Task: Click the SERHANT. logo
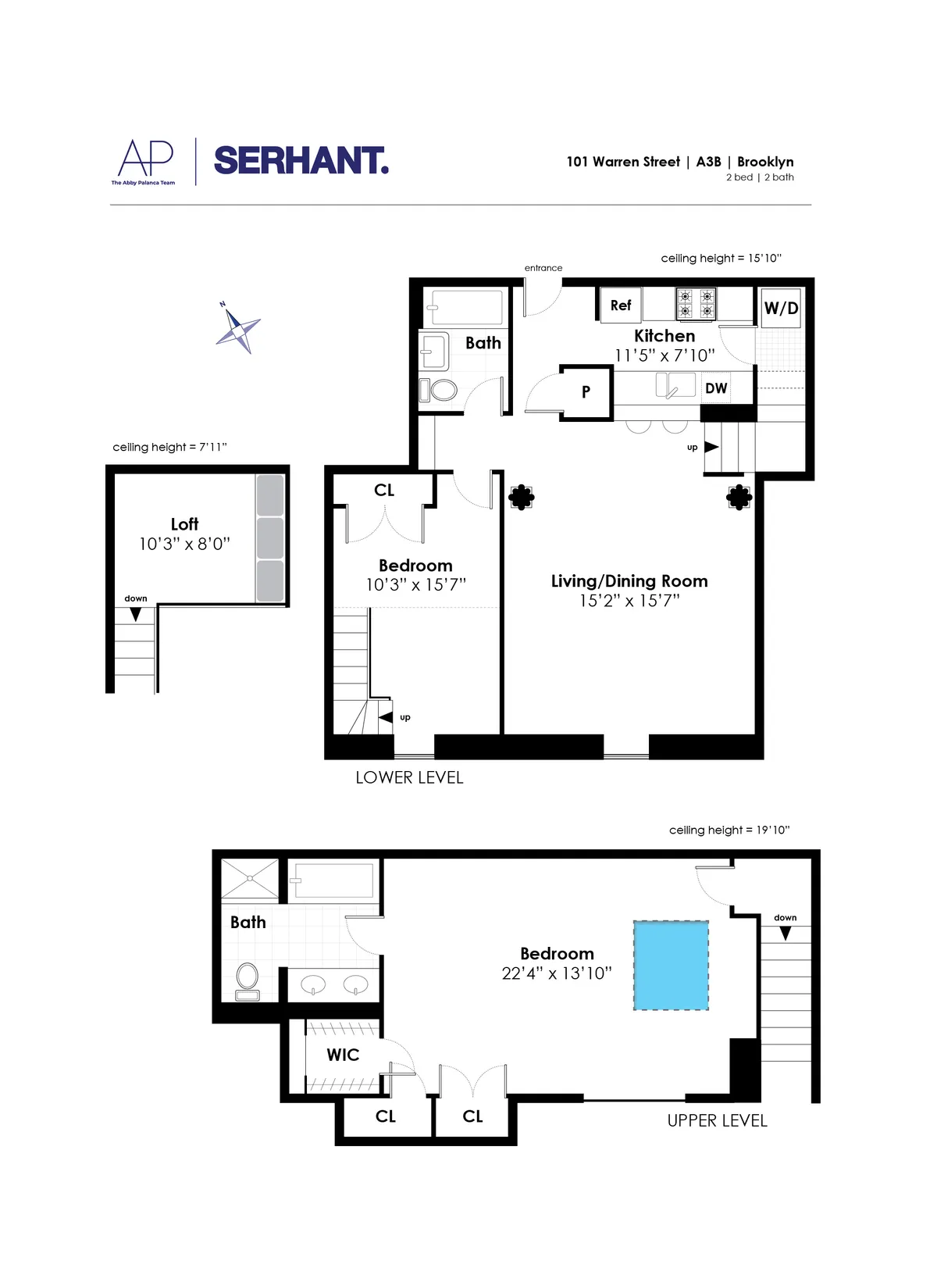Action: click(x=301, y=161)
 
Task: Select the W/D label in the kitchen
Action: click(x=781, y=308)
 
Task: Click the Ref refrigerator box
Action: click(x=621, y=305)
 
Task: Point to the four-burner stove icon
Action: click(x=696, y=304)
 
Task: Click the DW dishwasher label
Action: click(x=716, y=388)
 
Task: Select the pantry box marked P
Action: click(x=586, y=392)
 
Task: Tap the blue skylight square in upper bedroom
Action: click(x=671, y=966)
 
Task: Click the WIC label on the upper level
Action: click(x=343, y=1055)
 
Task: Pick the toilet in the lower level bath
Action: click(x=442, y=390)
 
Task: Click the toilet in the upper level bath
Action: click(x=248, y=980)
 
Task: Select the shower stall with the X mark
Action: click(x=250, y=879)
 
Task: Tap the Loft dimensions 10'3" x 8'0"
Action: click(x=184, y=545)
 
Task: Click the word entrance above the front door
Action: click(x=543, y=268)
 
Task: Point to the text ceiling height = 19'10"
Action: click(x=729, y=830)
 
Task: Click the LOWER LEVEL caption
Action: click(x=409, y=778)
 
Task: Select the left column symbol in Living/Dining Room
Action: click(x=522, y=497)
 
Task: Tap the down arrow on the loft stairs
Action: click(x=136, y=615)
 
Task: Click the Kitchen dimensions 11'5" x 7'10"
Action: click(x=664, y=356)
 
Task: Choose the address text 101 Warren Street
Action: click(x=623, y=162)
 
